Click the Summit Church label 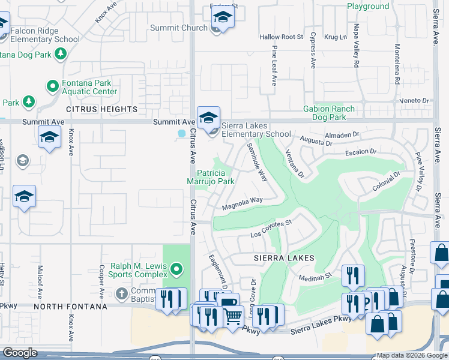(x=185, y=28)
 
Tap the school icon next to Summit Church (x=222, y=19)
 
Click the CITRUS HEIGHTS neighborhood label (x=101, y=109)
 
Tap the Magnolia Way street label (x=243, y=203)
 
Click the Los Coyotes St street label (x=271, y=228)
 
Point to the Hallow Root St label (x=282, y=37)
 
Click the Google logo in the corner (x=20, y=353)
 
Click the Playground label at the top (x=368, y=6)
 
